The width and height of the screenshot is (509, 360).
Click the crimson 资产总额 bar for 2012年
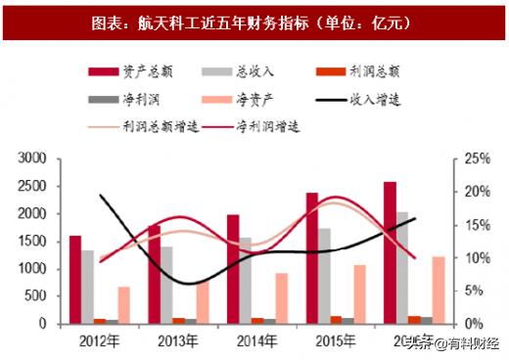point(75,279)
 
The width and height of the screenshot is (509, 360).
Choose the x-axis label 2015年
point(336,341)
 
